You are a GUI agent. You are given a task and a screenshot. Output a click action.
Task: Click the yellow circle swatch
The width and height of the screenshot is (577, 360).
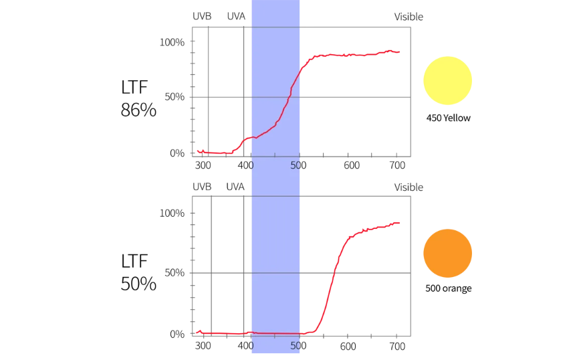click(447, 80)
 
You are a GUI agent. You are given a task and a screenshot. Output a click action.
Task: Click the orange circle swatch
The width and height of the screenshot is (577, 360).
click(447, 253)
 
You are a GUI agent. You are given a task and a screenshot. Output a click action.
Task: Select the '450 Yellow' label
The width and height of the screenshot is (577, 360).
click(448, 118)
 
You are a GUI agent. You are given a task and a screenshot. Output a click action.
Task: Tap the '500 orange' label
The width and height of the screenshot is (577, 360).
click(448, 289)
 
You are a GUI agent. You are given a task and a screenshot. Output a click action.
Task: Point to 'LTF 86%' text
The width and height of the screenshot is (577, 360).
click(138, 98)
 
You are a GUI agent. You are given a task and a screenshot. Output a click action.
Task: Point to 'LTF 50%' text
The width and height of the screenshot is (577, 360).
click(138, 272)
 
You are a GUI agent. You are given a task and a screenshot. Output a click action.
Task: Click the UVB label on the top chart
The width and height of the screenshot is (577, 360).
click(202, 16)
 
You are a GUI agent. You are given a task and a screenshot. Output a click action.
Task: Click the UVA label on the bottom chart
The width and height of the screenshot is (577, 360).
click(235, 187)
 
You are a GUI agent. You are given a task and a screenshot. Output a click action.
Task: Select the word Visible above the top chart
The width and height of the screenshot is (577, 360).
click(409, 17)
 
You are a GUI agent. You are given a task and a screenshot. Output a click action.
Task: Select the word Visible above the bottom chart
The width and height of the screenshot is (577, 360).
click(409, 187)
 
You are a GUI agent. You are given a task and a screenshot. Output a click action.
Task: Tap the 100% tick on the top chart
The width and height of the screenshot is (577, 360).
click(172, 42)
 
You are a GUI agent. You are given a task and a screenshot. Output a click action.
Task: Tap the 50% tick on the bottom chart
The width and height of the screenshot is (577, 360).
click(174, 273)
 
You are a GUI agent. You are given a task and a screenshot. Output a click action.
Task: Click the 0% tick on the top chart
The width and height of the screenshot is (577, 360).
click(177, 153)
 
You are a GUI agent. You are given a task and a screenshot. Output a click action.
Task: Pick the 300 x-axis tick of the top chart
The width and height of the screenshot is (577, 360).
click(203, 165)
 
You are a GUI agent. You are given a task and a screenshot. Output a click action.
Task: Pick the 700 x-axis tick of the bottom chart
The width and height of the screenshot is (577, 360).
click(396, 347)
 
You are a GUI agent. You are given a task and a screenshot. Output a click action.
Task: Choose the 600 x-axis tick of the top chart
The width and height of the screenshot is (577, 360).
click(348, 165)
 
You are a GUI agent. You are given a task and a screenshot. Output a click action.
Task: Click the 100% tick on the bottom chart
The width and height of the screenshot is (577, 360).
click(172, 213)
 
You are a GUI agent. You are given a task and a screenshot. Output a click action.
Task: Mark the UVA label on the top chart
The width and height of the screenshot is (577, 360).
click(236, 16)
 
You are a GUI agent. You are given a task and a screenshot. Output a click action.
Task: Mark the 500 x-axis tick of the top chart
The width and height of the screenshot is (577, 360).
click(298, 165)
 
